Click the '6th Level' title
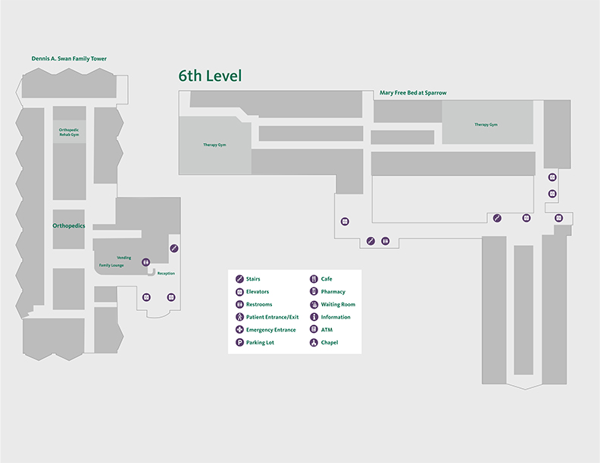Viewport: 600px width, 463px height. click(210, 76)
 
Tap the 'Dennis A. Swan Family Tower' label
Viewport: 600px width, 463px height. click(69, 58)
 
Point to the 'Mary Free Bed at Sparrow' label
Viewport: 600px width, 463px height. click(413, 93)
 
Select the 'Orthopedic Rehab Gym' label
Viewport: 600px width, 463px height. click(69, 132)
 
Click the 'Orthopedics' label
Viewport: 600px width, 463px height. click(69, 226)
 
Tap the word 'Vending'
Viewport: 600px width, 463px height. click(123, 258)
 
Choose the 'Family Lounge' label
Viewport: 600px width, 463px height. click(111, 266)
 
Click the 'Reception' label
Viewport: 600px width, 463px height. click(166, 273)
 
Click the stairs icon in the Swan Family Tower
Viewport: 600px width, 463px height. click(173, 248)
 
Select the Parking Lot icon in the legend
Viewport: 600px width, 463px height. click(239, 343)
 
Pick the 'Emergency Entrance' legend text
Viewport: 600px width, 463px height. click(270, 330)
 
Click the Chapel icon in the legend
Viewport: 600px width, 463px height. click(314, 343)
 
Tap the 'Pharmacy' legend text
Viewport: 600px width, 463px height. click(333, 291)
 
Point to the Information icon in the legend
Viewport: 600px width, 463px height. click(314, 317)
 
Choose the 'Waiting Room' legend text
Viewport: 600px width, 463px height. click(338, 304)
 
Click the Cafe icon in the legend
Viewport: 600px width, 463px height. click(314, 279)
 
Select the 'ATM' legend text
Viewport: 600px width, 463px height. click(327, 330)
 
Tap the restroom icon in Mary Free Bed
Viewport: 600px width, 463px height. click(385, 241)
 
